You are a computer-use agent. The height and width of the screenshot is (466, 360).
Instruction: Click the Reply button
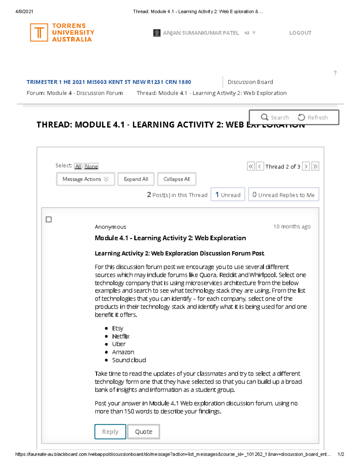coord(110,431)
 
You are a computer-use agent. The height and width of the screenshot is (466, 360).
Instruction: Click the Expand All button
coord(136,179)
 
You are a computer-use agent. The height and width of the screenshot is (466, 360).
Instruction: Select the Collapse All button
coord(176,179)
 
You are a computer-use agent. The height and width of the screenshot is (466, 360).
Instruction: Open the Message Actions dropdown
coord(85,179)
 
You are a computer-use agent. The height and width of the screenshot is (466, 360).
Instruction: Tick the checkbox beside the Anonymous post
coord(49,219)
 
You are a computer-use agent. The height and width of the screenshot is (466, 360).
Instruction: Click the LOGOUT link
coord(300,33)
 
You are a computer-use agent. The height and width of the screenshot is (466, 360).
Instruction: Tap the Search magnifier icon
coord(264,117)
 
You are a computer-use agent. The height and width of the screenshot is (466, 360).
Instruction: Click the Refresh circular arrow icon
coord(301,117)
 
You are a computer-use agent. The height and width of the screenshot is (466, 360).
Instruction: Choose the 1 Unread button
coord(228,195)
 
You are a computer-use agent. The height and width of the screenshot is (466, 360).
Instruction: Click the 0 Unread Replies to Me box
coord(283,195)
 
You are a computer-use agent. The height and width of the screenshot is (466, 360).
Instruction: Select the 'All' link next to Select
coord(78,166)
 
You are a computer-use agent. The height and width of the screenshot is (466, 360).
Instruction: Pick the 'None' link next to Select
coord(91,166)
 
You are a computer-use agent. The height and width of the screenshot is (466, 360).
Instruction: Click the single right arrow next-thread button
coord(306,166)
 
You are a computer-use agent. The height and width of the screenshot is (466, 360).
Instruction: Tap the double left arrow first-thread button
coord(251,166)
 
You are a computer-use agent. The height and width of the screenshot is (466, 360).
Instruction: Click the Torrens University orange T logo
coord(39,32)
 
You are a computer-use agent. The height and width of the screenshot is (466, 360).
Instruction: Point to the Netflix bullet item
coord(121,336)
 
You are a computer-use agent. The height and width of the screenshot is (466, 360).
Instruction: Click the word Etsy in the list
coord(118,328)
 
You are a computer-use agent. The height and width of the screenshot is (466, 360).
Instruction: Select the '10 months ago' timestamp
coord(292,227)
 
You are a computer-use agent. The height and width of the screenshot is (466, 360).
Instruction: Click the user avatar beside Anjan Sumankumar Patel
coord(157,33)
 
